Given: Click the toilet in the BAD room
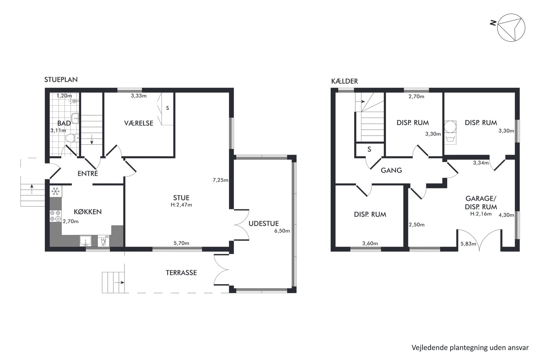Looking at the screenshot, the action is click(x=72, y=138).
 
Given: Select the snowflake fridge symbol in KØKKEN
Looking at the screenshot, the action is click(x=55, y=191).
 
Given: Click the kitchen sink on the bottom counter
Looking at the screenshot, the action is click(x=85, y=241).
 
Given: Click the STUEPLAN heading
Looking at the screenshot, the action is click(x=61, y=79).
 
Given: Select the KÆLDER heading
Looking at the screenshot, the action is click(x=344, y=81).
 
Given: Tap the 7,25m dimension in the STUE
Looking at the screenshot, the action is click(x=220, y=180).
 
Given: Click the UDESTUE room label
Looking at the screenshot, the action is click(x=264, y=223).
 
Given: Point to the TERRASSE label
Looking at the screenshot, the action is click(x=181, y=273).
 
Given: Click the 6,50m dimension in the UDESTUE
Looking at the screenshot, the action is click(x=282, y=231).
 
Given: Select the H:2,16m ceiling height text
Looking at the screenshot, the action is click(x=481, y=214).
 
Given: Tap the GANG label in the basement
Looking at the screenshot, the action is click(x=391, y=170).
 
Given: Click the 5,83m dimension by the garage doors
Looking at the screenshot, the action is click(x=468, y=244).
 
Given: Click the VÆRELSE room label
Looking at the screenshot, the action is click(x=139, y=123).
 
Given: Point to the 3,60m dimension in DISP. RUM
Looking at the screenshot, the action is click(x=370, y=244).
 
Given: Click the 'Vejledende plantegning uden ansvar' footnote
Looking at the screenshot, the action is click(x=470, y=348).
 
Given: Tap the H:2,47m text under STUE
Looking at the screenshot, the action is click(x=181, y=205).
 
